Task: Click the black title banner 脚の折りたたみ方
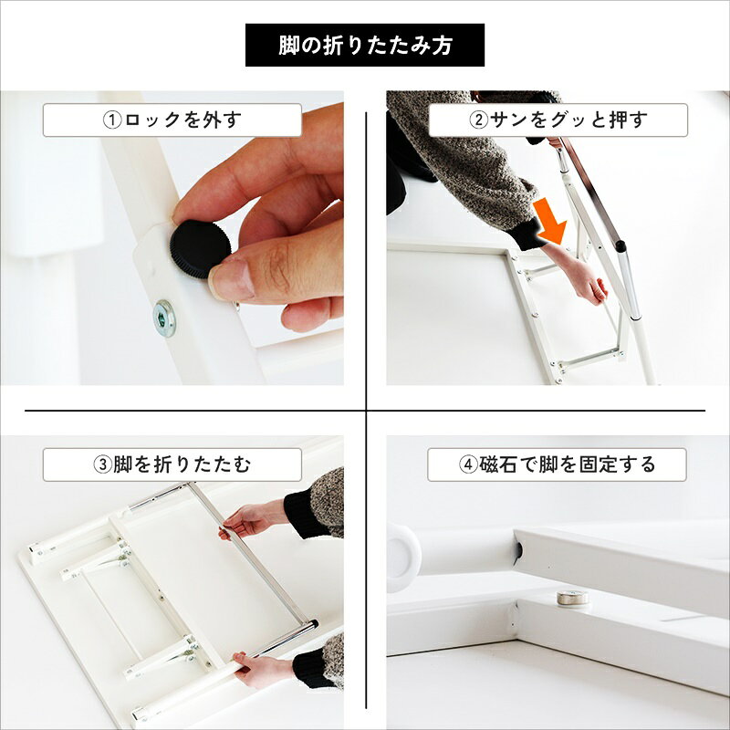coord(364,45)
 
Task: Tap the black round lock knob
coord(200,248)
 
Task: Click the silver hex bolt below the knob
coord(164,318)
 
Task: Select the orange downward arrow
coord(550,221)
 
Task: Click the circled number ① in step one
coord(112,120)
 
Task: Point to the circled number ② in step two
coord(478,120)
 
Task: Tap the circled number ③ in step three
coord(103,464)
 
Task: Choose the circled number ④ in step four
coord(468,464)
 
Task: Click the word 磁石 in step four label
coord(497,464)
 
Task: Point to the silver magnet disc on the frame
coord(572,598)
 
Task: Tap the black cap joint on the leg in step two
coord(620,245)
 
